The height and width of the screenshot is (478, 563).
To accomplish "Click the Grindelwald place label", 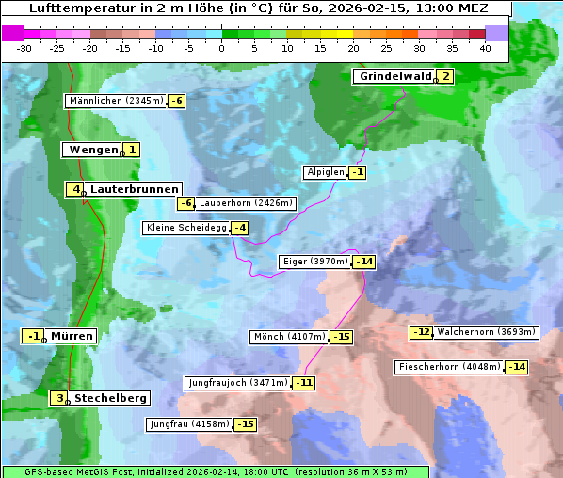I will click(x=394, y=76).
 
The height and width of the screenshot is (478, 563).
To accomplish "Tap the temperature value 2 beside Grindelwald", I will click(x=445, y=77).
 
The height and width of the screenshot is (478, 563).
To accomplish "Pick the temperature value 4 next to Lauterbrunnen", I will click(x=76, y=189).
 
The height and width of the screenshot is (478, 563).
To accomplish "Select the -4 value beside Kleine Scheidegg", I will click(x=240, y=228).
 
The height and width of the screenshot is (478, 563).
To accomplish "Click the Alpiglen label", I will click(x=325, y=172).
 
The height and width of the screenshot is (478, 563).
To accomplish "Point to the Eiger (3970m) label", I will click(x=315, y=262).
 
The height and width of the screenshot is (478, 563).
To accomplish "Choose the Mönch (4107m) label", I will click(x=289, y=337).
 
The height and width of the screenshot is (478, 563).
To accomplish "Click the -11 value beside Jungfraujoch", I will click(x=304, y=383).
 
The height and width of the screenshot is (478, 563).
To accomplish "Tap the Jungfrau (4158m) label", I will click(x=189, y=424).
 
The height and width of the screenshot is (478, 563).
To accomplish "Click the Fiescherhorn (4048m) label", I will click(x=448, y=367).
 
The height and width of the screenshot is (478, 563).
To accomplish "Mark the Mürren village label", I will click(x=72, y=336).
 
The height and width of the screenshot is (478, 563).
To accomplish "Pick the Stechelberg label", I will click(x=110, y=398).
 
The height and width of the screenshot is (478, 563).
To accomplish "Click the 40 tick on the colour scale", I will click(x=485, y=48).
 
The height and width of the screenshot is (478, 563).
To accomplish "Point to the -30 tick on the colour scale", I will click(x=24, y=48).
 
